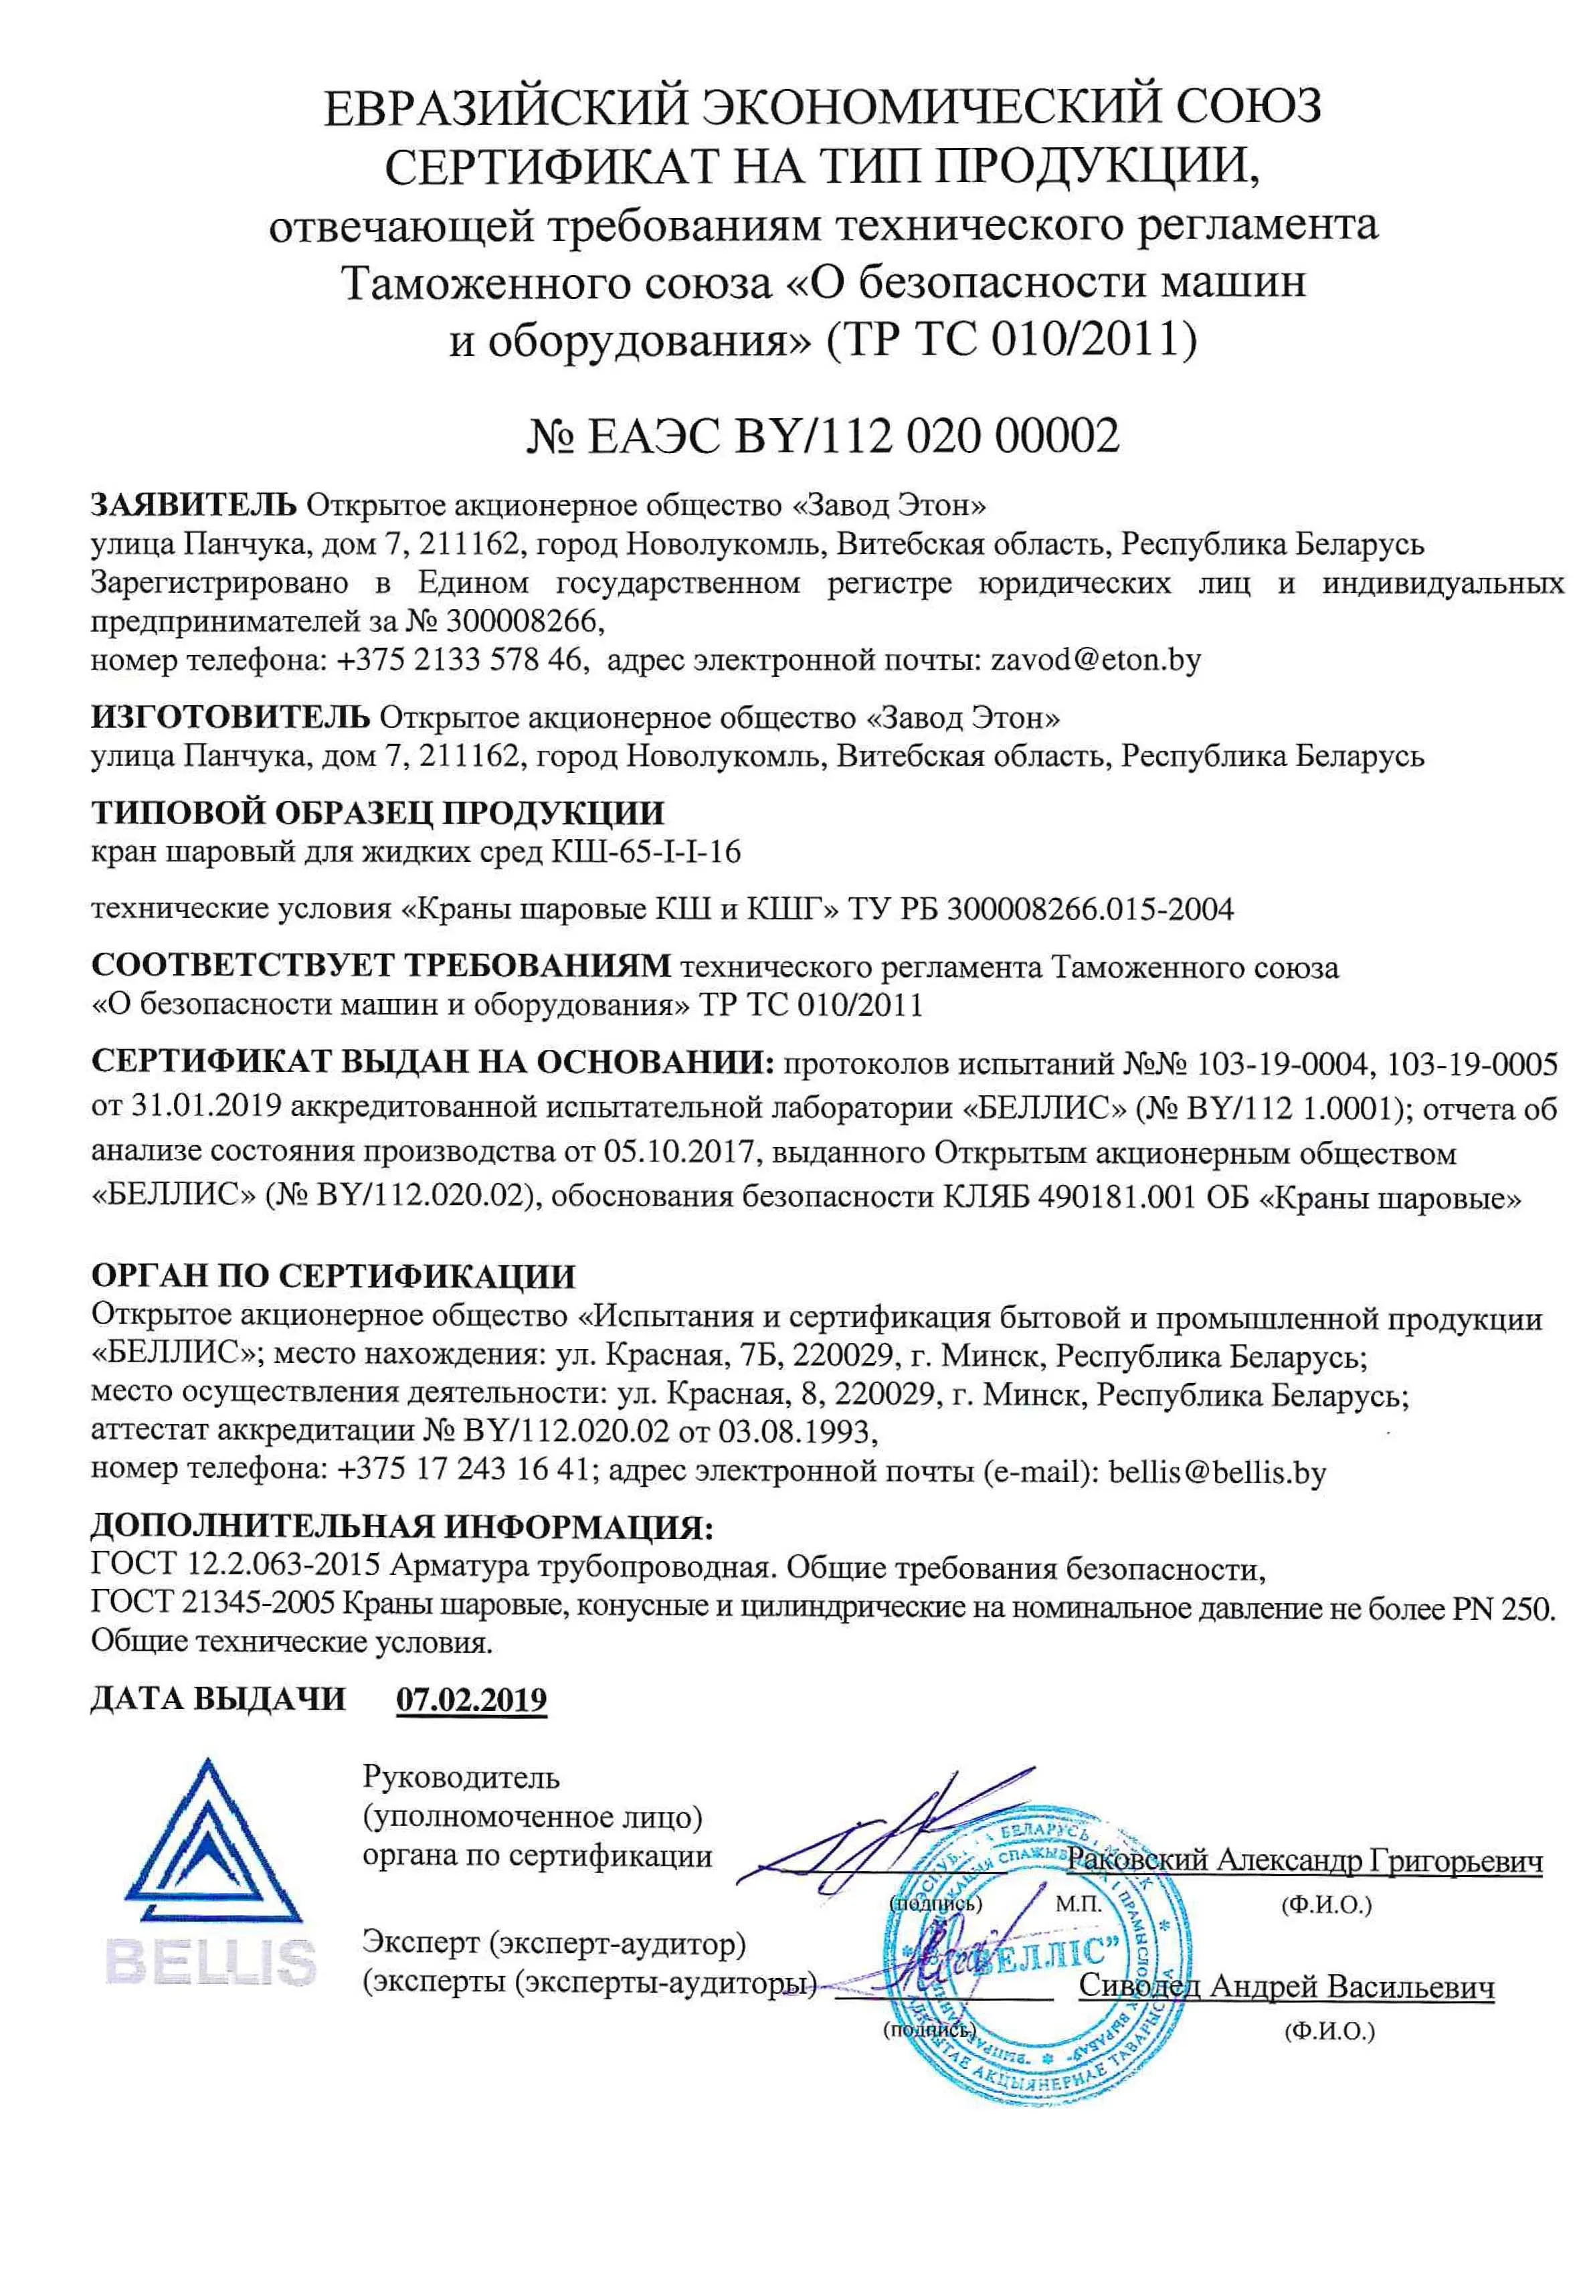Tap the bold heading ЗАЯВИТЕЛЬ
[193, 505]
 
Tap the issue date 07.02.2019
[471, 1699]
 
